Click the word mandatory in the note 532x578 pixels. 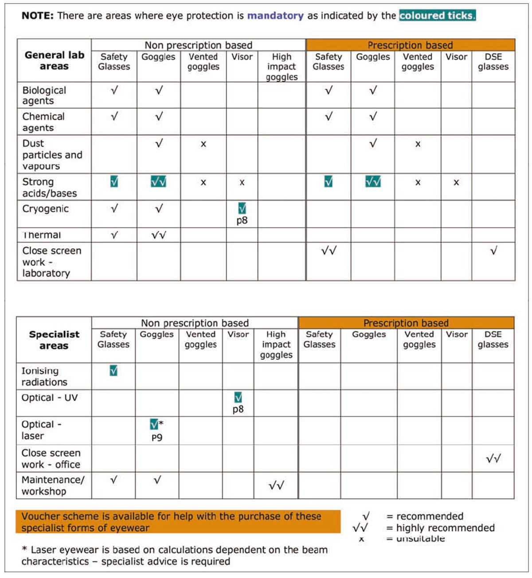(x=275, y=16)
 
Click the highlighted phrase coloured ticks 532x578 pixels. (x=437, y=16)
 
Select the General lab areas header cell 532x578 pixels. (x=54, y=61)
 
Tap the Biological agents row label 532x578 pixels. (x=44, y=95)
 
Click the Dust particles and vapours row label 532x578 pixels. (x=52, y=155)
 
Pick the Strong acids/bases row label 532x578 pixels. (x=49, y=187)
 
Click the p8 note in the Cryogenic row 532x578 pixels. (x=242, y=220)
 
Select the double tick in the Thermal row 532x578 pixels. (x=159, y=235)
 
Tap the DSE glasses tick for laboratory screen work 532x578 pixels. (x=493, y=251)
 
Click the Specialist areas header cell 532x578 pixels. (x=54, y=340)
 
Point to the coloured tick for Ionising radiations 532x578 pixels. (x=113, y=371)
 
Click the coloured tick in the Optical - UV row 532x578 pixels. (x=238, y=397)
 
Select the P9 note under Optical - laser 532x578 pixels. (x=156, y=437)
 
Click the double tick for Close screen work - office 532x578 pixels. (x=493, y=459)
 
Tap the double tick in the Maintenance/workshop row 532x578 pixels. (x=276, y=486)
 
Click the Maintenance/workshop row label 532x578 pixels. (x=52, y=485)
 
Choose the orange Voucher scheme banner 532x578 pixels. (x=177, y=522)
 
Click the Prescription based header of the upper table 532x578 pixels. (x=410, y=45)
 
